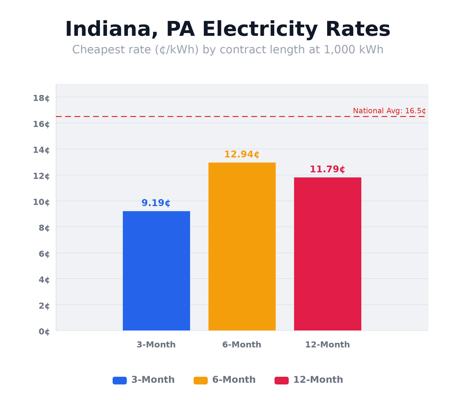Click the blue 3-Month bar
(156, 271)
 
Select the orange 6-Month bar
(242, 247)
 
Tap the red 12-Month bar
(328, 254)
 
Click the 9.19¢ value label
(156, 203)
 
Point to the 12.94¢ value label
(241, 154)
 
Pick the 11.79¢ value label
(327, 169)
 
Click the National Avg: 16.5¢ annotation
(389, 111)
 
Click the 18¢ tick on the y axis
(41, 98)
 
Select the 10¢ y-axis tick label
(41, 202)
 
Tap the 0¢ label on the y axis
(44, 332)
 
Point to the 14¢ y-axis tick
(41, 150)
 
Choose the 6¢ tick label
(44, 254)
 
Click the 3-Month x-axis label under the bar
(156, 345)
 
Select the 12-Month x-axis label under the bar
(327, 345)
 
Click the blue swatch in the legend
(120, 380)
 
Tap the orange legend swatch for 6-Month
(201, 380)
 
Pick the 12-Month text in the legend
(318, 380)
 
